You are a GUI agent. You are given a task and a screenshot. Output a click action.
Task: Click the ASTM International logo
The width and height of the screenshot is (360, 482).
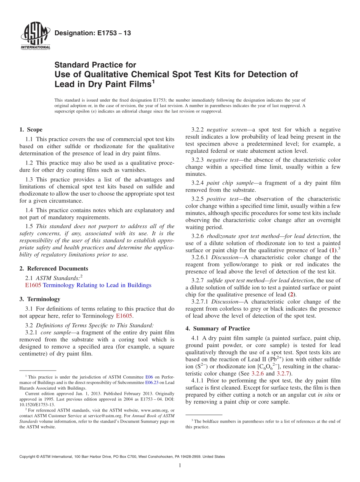tap(35, 36)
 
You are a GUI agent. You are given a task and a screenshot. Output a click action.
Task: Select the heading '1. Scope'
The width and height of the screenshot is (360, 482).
tap(31, 130)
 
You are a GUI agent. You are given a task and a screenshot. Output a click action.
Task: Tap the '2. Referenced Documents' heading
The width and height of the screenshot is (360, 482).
tap(54, 268)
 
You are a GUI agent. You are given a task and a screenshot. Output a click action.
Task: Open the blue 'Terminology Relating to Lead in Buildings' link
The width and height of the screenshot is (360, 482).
tap(97, 285)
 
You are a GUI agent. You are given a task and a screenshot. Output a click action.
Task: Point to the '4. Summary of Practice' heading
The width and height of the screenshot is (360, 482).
tap(218, 328)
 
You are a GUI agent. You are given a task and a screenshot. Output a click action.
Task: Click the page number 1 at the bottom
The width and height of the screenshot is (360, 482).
tap(180, 465)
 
